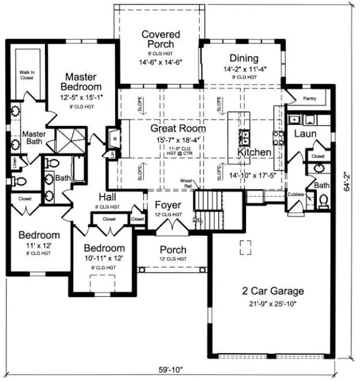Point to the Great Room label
coord(178,128)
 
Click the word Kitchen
coord(254,152)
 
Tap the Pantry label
coord(309,99)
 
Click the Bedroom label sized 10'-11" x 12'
coord(104,248)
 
